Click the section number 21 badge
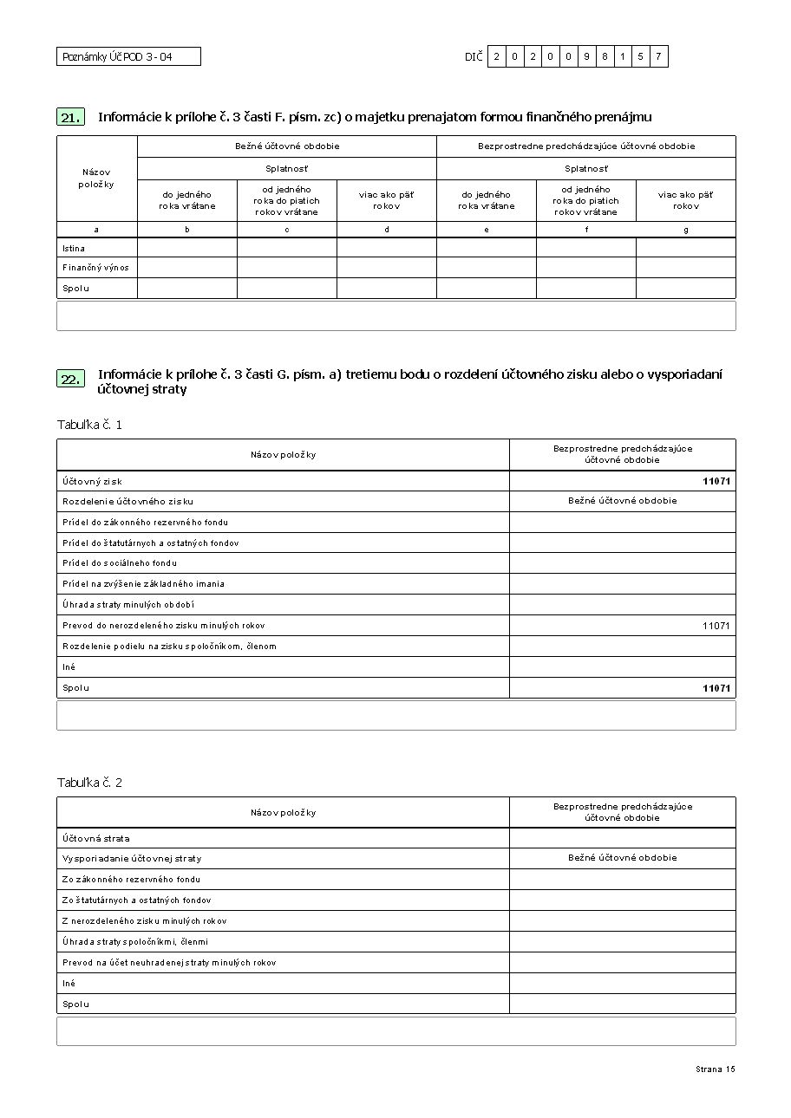71,118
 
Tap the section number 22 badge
71,379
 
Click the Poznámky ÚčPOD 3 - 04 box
128,57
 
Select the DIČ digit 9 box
587,57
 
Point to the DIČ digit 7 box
658,57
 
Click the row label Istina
74,248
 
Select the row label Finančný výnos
95,268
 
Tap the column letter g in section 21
686,230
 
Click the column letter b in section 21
187,230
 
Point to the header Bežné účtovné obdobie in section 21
287,146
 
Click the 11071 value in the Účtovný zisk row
716,481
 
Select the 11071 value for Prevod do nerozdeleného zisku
716,626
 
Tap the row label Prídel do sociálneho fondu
120,563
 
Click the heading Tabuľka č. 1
89,425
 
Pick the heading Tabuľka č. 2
89,783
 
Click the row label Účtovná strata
95,838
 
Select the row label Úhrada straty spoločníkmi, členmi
135,942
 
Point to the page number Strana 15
715,1069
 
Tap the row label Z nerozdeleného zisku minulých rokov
144,921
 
